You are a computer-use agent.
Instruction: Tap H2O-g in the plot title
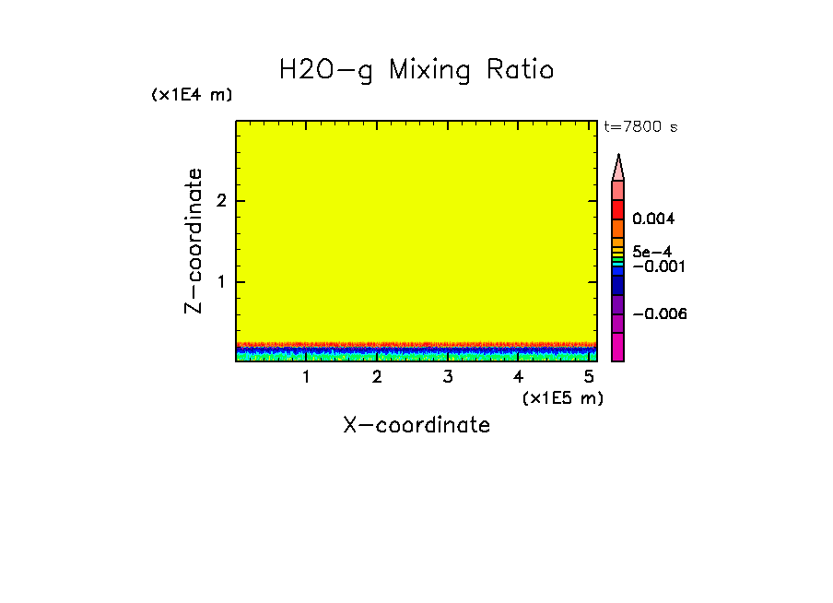[326, 71]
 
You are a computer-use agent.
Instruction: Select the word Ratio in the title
[522, 70]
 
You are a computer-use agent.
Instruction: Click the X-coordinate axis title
[416, 425]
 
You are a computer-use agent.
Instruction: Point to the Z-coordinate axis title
[194, 241]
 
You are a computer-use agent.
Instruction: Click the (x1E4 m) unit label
[192, 95]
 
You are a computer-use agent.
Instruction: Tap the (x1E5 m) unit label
[562, 397]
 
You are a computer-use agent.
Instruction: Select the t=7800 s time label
[640, 127]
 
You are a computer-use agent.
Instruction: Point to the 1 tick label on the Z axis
[221, 281]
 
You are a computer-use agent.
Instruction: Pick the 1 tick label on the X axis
[306, 377]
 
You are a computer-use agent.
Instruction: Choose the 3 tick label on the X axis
[448, 377]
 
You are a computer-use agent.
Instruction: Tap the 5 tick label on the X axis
[590, 377]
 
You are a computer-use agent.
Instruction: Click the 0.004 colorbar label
[653, 219]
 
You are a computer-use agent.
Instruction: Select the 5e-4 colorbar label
[651, 251]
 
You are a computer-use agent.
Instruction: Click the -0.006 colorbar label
[660, 314]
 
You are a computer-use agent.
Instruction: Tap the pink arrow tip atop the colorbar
[618, 167]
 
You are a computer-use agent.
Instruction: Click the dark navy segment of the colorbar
[618, 286]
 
